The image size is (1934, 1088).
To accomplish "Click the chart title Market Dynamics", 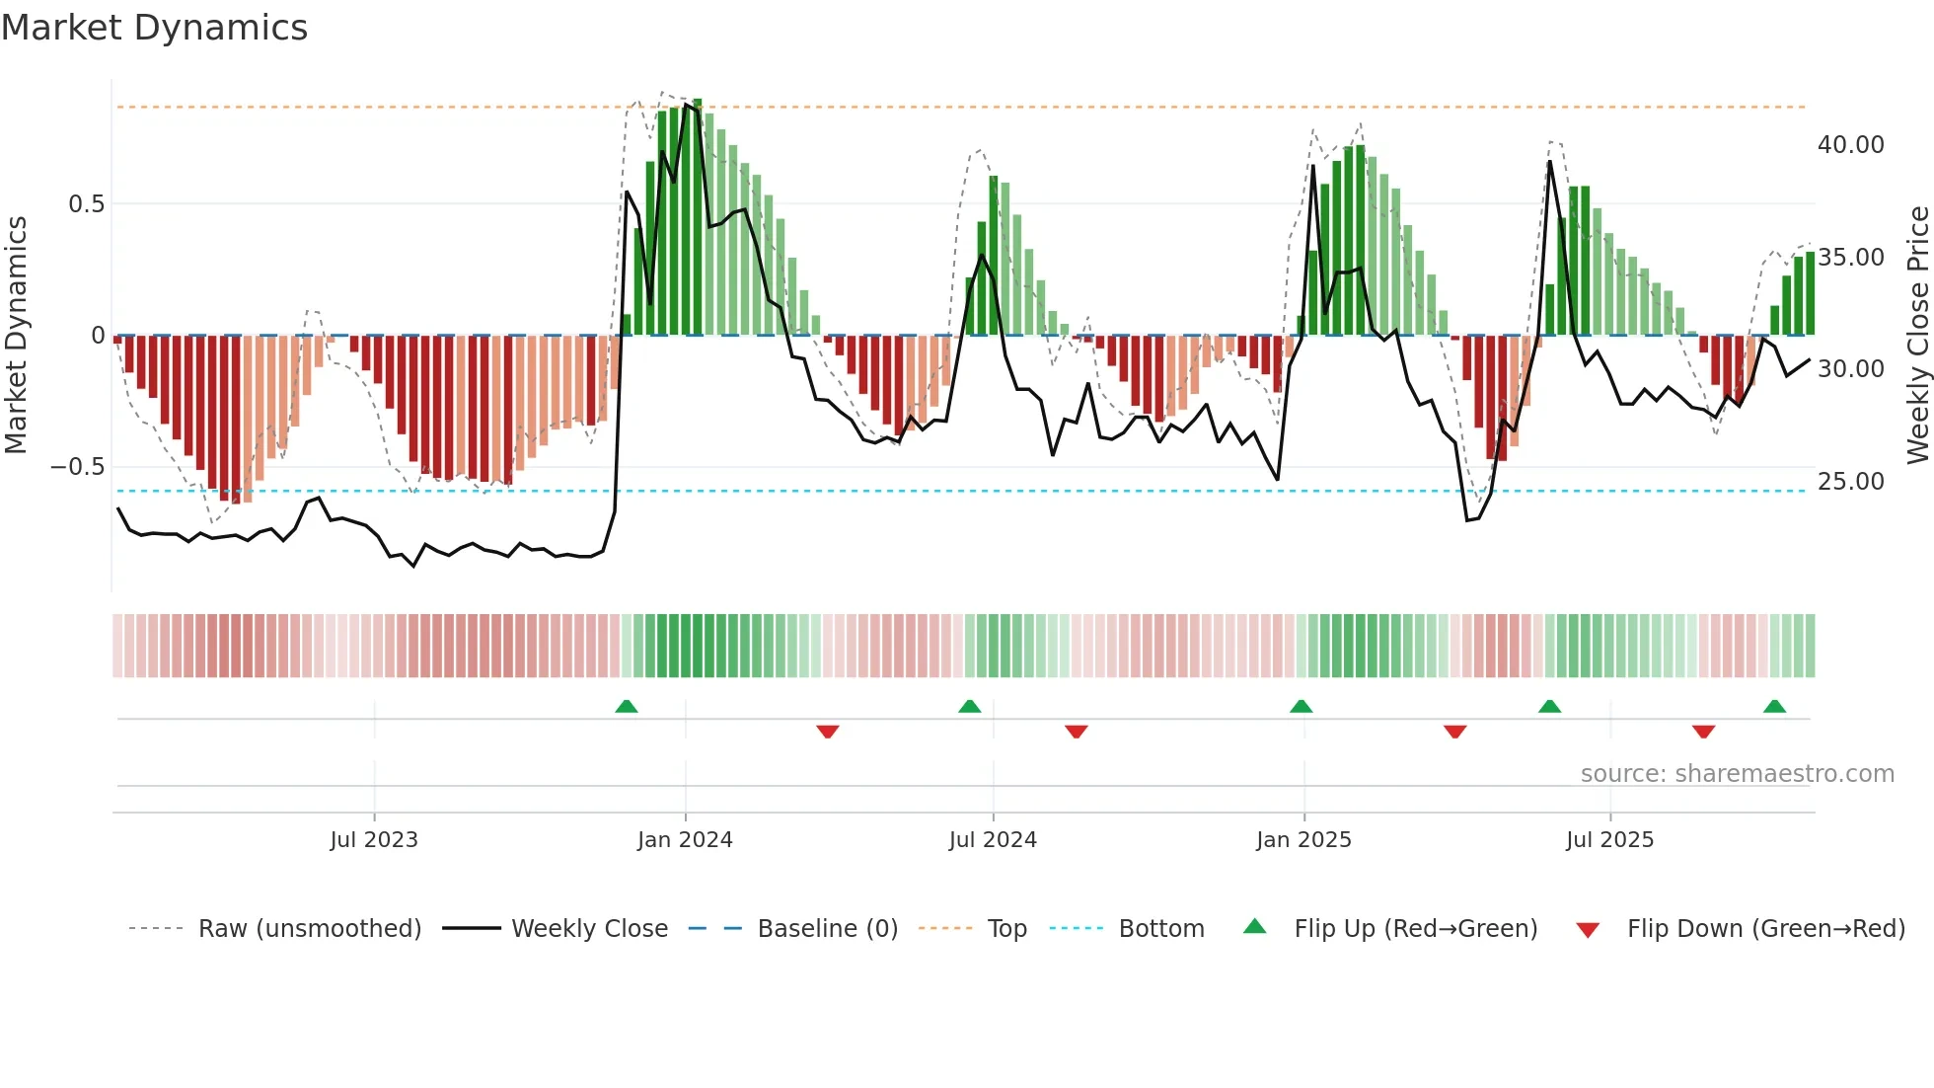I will (155, 28).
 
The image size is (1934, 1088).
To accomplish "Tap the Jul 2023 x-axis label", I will (374, 839).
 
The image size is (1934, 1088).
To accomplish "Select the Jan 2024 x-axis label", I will (685, 839).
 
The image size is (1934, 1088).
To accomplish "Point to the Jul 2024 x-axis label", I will (993, 839).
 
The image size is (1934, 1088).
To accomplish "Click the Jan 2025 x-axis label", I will (1303, 839).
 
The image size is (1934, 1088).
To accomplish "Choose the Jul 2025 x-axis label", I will (1609, 839).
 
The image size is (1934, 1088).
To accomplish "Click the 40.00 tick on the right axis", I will (1850, 145).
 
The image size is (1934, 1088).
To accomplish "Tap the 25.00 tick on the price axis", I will (1850, 482).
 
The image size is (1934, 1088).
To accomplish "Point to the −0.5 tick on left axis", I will (77, 467).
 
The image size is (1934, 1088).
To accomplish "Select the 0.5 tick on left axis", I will (86, 204).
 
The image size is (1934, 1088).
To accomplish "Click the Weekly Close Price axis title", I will (1917, 335).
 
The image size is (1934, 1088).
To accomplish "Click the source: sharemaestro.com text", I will (1737, 774).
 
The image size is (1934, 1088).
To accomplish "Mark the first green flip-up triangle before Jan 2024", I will (627, 706).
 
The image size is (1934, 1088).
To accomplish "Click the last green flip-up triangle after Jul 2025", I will (1774, 706).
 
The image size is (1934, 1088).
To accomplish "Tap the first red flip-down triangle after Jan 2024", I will (828, 732).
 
